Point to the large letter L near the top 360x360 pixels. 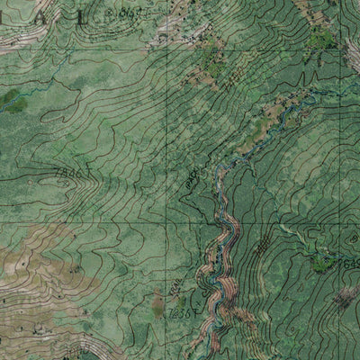[x=83, y=15]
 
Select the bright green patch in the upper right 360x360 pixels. [x=321, y=38]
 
